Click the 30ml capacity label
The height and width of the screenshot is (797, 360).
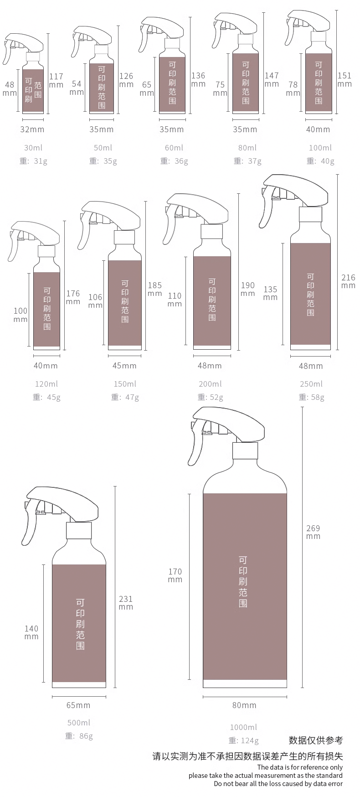(x=33, y=148)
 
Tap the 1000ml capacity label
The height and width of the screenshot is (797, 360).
(x=243, y=727)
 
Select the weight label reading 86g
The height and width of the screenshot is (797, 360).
(x=79, y=736)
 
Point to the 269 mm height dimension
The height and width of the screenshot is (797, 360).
(x=313, y=532)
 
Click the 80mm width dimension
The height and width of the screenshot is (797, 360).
(x=244, y=705)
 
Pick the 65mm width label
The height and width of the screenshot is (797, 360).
(x=78, y=705)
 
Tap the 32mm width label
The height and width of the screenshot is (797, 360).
(x=32, y=129)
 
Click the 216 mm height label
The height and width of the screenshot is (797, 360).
(x=348, y=281)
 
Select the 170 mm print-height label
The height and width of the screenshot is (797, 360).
(x=175, y=575)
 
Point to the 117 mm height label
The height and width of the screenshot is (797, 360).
(x=56, y=80)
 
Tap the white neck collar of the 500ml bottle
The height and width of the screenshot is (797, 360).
(x=79, y=531)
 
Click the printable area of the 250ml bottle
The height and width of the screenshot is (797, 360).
(x=310, y=294)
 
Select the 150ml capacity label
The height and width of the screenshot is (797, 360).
(x=125, y=384)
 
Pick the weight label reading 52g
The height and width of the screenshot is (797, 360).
(x=210, y=397)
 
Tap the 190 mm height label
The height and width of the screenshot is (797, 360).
(x=248, y=289)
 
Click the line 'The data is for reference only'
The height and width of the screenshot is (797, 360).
(x=300, y=767)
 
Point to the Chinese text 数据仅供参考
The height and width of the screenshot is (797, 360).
(x=316, y=740)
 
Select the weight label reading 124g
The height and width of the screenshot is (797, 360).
(x=244, y=740)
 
